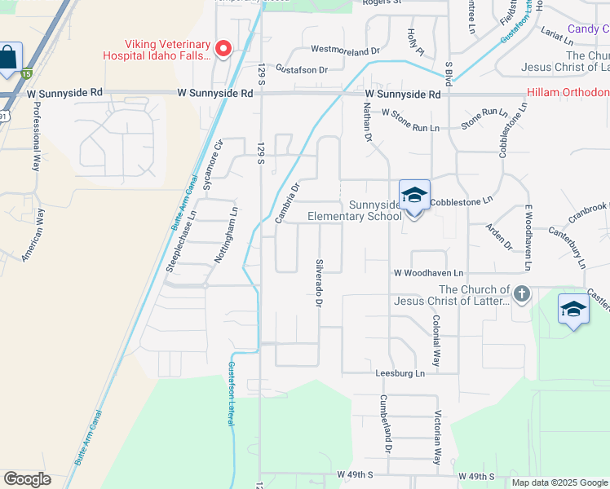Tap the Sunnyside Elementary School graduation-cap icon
coord(414,196)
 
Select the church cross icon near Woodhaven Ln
coord(522,293)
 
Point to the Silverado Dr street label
coord(319,283)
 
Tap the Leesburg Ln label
coord(400,373)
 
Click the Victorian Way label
coord(438,437)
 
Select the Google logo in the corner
coord(27,479)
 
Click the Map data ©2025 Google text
coord(559,482)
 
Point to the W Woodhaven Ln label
coord(428,273)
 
